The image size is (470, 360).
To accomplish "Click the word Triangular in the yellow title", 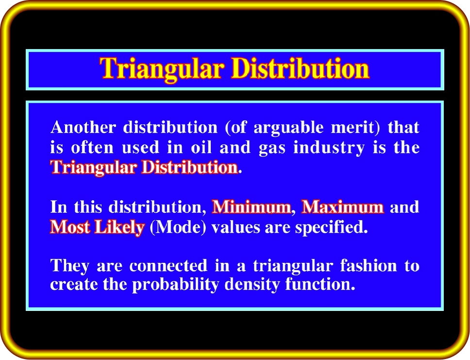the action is pos(162,69).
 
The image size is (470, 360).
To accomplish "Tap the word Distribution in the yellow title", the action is pos(301,68).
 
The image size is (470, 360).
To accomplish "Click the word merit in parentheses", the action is pos(353,127).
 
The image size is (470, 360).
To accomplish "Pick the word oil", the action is pos(201,147).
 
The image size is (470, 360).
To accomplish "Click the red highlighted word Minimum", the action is pos(252,206).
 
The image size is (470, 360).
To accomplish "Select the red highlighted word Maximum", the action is pos(343,206).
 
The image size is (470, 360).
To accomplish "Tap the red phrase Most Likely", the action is pos(97,227).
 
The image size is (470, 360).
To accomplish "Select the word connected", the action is pos(168,266).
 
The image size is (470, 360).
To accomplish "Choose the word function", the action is pos(320,284).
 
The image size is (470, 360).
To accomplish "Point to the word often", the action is pos(92,147).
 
